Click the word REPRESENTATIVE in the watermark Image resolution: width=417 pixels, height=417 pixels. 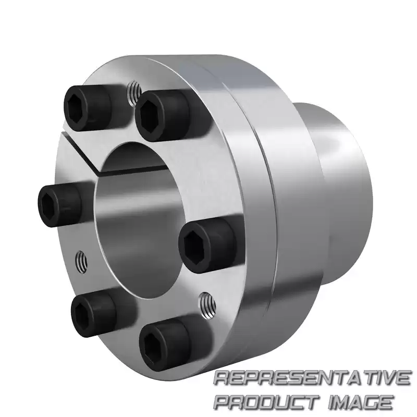point(312,378)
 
